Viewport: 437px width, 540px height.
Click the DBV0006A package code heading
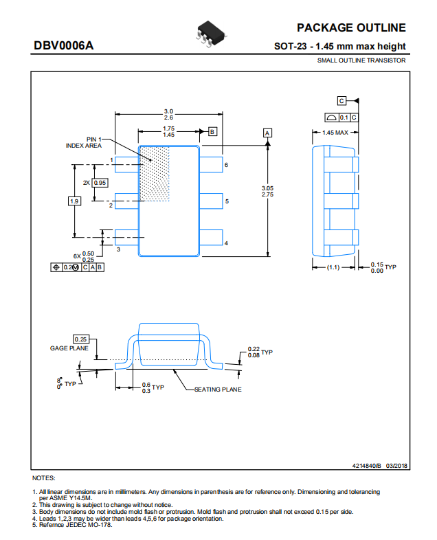64,45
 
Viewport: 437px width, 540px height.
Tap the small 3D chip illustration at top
211,34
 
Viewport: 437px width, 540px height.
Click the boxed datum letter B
212,131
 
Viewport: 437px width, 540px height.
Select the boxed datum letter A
267,133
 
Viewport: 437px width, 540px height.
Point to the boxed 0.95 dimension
100,183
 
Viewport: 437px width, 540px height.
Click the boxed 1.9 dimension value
74,201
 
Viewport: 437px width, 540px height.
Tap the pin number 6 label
226,165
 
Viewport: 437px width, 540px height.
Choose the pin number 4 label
226,243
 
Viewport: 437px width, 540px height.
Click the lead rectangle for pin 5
211,201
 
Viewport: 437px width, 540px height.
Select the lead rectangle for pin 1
126,165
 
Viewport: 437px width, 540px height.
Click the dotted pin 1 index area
155,174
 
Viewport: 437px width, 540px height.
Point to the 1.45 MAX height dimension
335,133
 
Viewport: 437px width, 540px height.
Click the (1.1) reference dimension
333,267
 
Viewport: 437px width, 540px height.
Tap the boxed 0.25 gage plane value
81,339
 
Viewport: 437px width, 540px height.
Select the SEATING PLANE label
218,390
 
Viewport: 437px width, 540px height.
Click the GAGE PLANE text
69,348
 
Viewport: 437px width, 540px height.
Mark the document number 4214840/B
367,466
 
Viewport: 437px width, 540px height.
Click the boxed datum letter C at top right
341,101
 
